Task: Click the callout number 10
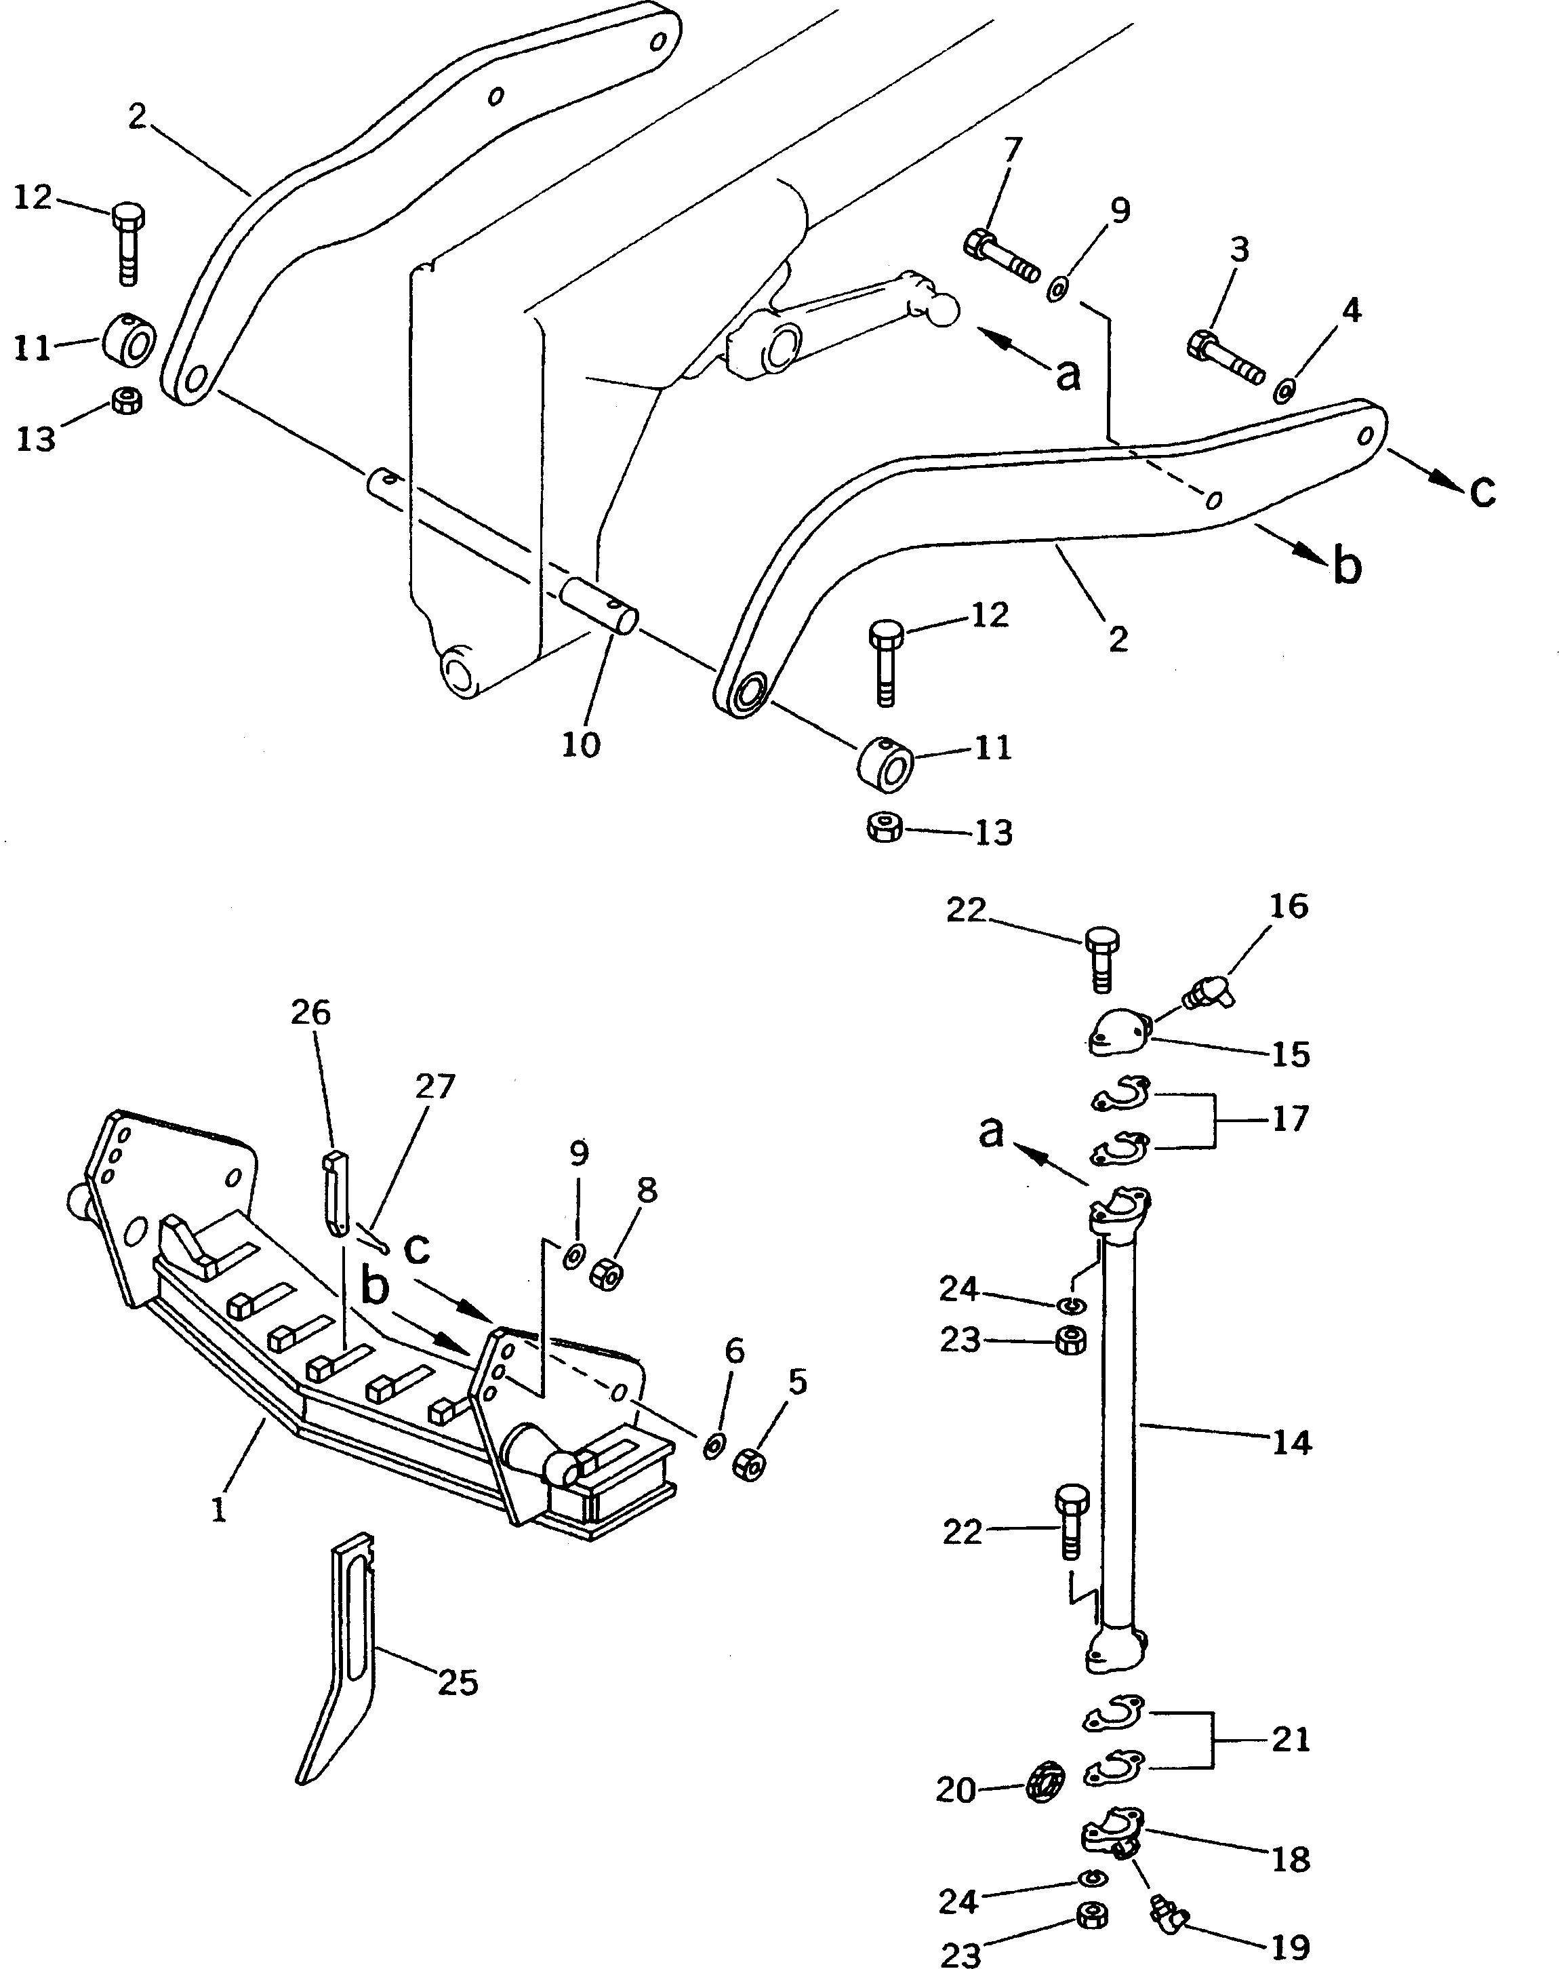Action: (x=580, y=745)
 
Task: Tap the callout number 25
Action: (x=458, y=1682)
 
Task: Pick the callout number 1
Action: (x=218, y=1511)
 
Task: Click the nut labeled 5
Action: (x=748, y=1465)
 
